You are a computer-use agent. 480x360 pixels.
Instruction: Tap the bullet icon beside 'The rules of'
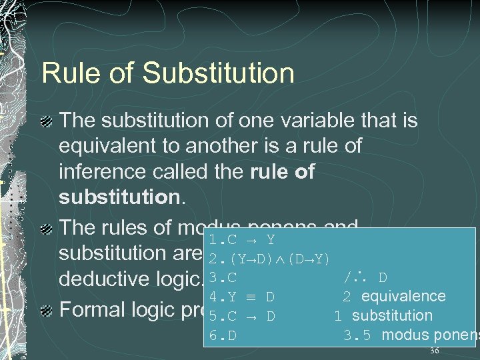47,229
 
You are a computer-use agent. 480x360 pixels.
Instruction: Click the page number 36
435,351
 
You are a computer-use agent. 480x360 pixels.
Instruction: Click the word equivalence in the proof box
403,296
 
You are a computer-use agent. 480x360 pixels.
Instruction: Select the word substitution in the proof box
392,315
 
